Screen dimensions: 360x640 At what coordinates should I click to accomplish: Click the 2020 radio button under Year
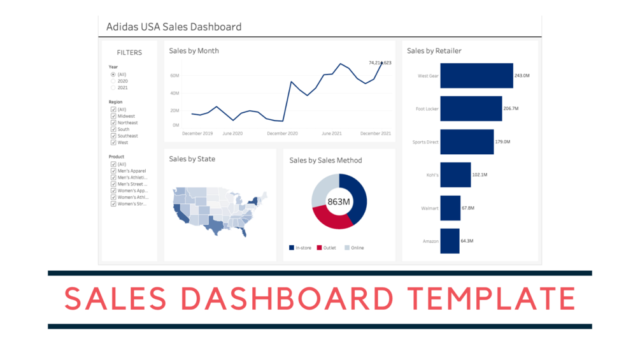click(x=113, y=81)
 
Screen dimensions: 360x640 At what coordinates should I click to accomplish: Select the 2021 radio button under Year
click(x=113, y=88)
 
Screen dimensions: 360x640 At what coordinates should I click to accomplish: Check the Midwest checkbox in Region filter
click(x=113, y=117)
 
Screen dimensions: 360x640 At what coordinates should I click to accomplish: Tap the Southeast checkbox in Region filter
click(x=113, y=136)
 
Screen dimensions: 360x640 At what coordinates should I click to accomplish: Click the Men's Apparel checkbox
click(x=113, y=171)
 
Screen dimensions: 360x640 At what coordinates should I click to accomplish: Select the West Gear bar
click(x=476, y=76)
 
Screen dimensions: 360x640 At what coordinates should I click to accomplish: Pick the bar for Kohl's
click(x=455, y=175)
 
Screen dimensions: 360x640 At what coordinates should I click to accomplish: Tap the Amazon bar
click(x=450, y=241)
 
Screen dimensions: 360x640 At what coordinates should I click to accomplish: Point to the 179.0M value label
click(x=503, y=142)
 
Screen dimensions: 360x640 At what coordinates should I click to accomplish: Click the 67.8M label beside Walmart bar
click(x=468, y=208)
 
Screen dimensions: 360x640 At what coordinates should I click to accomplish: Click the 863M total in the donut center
click(x=339, y=202)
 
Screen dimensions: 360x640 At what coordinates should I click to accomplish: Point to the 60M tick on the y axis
click(x=174, y=76)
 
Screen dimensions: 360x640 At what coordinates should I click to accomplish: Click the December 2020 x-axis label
click(x=282, y=134)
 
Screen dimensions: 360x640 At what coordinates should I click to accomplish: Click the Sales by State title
click(x=192, y=159)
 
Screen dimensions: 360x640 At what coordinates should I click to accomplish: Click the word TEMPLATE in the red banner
click(x=491, y=299)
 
